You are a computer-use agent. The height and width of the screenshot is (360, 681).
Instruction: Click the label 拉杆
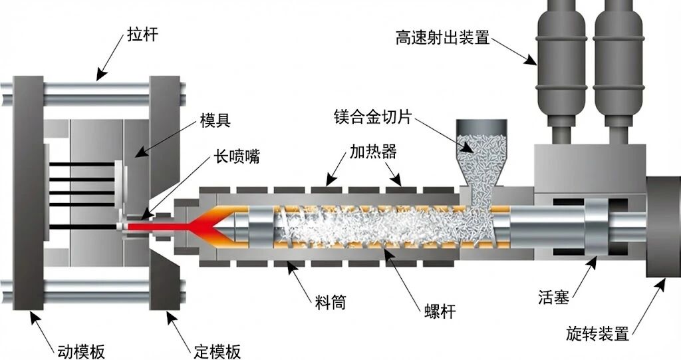point(142,34)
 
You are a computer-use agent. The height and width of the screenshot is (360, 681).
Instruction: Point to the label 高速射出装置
point(442,37)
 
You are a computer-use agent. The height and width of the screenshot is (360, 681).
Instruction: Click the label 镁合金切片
point(373,118)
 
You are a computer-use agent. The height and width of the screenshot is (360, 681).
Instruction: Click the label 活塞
point(553,297)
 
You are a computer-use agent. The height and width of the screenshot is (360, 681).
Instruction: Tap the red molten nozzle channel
point(160,227)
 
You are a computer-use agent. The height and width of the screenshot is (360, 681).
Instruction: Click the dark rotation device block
point(663,226)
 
